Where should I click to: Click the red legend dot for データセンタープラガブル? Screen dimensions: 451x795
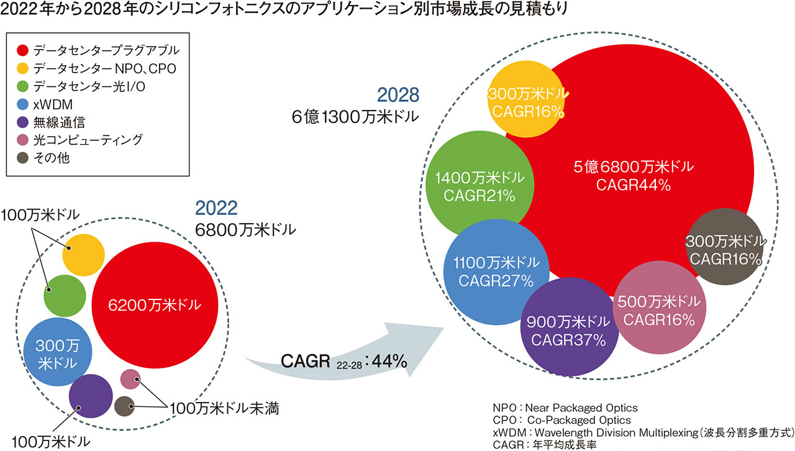pos(22,50)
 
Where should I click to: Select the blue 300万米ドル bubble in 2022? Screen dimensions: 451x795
pos(58,352)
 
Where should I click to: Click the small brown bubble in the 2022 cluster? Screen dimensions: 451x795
pos(125,406)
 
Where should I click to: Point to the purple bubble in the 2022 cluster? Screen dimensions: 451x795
pos(90,397)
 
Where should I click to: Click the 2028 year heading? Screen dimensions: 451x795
pos(399,95)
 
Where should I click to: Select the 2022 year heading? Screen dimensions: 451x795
pos(217,207)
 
